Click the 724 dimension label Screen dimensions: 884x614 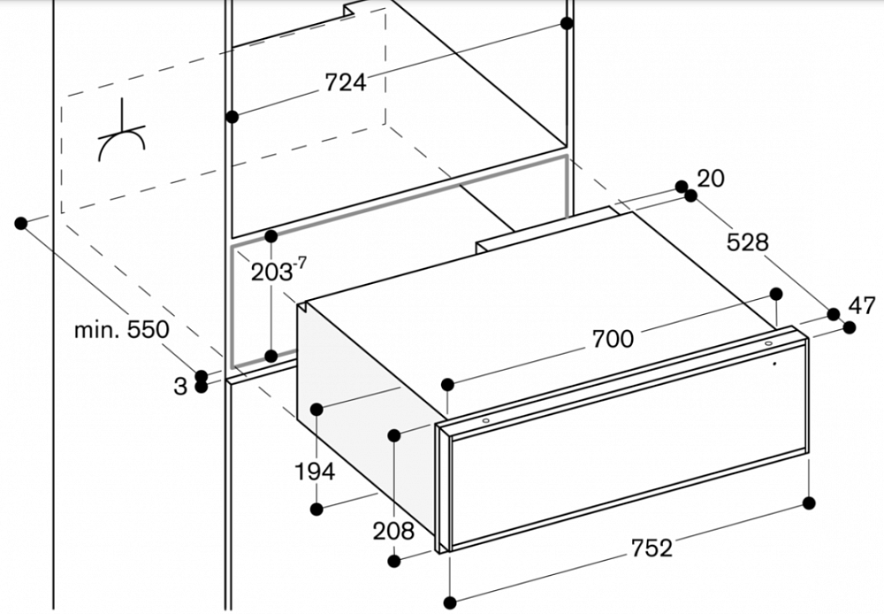click(x=345, y=82)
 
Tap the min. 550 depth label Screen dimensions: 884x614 click(x=122, y=329)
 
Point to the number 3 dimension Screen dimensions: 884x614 click(x=179, y=387)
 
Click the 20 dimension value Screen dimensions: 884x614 click(x=711, y=179)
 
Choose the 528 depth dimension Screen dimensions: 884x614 click(x=747, y=242)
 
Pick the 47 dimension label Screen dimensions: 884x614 click(x=862, y=306)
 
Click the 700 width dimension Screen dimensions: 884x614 click(x=613, y=339)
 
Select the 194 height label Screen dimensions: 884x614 click(x=315, y=472)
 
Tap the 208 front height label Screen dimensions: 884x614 click(x=393, y=531)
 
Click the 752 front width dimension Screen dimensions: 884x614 click(x=652, y=548)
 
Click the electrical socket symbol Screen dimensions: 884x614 click(x=122, y=132)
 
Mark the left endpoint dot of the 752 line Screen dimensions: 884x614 click(x=450, y=602)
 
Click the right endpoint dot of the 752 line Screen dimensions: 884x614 click(x=809, y=503)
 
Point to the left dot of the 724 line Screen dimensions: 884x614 click(x=232, y=117)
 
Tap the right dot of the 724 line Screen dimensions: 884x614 click(x=568, y=23)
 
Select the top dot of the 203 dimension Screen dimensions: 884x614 click(x=271, y=236)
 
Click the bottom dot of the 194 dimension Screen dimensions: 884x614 click(x=316, y=509)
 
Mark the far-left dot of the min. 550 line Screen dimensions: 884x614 click(x=21, y=224)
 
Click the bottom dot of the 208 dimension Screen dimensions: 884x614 click(x=394, y=561)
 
